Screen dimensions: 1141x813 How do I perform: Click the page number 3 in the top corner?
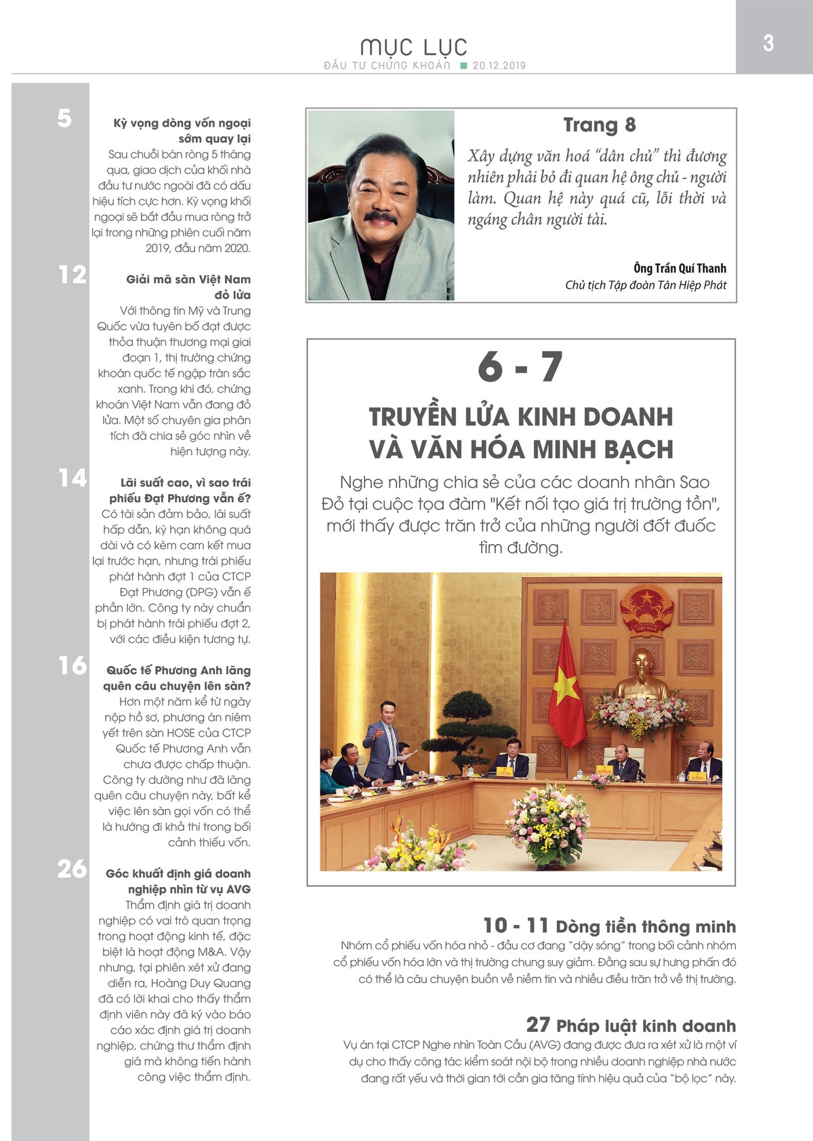(x=768, y=43)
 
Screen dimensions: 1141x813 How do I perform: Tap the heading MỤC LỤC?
(x=414, y=47)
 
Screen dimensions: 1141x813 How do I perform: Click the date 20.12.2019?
(x=499, y=66)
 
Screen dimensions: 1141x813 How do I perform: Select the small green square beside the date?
(x=463, y=66)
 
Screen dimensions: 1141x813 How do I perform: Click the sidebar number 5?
(x=64, y=119)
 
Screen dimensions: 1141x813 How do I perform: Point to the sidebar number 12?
(x=72, y=275)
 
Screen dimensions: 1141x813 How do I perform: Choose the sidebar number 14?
(x=72, y=478)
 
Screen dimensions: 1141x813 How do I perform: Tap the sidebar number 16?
(x=72, y=666)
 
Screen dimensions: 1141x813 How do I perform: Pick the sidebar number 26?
(x=72, y=869)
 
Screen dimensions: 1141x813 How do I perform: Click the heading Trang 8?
(x=599, y=125)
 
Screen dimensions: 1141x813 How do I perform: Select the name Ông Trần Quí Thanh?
(x=680, y=268)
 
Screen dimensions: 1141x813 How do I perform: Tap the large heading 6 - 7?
(x=520, y=367)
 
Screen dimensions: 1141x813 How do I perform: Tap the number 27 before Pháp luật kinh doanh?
(x=538, y=1024)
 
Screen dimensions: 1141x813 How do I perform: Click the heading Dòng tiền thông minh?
(x=645, y=926)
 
